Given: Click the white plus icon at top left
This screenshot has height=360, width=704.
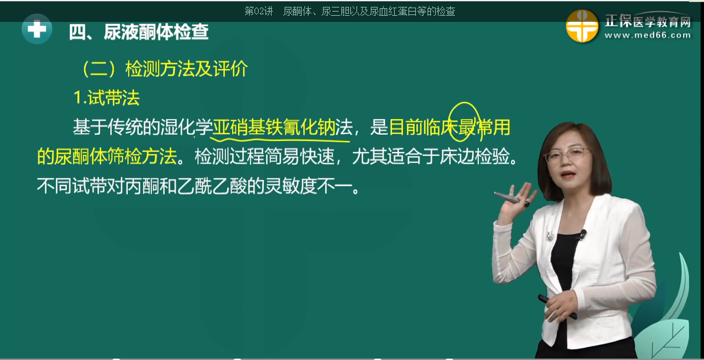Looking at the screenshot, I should [x=36, y=30].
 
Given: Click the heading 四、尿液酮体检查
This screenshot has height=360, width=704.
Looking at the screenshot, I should [x=138, y=32].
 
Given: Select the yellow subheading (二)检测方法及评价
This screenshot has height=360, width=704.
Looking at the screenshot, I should [x=164, y=69].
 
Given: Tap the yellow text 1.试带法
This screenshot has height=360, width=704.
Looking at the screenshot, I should [x=107, y=98].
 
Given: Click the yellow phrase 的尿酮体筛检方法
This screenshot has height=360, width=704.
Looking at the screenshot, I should [x=107, y=157].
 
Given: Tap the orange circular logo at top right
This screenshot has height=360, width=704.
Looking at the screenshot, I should [x=582, y=26].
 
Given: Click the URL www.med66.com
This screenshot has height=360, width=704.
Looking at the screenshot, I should [x=647, y=36].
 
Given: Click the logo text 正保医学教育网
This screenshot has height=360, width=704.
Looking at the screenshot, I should [x=647, y=21].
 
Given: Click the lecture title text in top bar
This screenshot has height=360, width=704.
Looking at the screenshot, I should [x=350, y=11].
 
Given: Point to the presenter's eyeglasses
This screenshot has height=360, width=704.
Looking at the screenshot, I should [x=567, y=155].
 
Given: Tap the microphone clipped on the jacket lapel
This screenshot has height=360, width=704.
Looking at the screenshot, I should [x=582, y=234].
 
